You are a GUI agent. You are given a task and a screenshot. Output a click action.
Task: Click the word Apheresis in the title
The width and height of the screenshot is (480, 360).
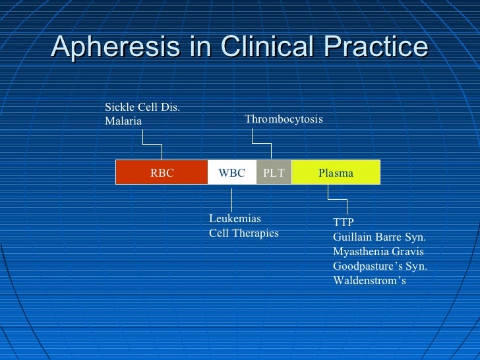(x=106, y=47)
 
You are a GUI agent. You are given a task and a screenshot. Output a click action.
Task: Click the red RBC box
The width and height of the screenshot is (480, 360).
(x=162, y=173)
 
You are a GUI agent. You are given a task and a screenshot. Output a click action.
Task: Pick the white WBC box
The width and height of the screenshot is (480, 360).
(x=231, y=173)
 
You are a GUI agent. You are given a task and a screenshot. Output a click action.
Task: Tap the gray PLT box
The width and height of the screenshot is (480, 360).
(x=274, y=173)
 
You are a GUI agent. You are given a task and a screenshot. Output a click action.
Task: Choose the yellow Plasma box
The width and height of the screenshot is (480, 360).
(x=336, y=173)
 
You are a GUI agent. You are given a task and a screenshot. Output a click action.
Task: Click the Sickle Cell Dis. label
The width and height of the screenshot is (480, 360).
(x=142, y=107)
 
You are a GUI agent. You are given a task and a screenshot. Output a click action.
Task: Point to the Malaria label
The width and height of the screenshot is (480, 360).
(x=123, y=121)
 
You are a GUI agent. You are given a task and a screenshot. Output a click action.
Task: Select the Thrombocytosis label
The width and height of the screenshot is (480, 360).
(x=284, y=119)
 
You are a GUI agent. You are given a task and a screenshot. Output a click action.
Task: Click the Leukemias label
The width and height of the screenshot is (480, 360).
(x=235, y=219)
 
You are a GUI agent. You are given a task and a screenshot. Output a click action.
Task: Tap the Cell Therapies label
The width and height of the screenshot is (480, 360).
(x=244, y=233)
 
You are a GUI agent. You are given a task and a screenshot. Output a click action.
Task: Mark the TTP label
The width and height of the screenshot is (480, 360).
(x=344, y=222)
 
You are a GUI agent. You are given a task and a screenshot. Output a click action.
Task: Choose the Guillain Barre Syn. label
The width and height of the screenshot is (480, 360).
(x=380, y=237)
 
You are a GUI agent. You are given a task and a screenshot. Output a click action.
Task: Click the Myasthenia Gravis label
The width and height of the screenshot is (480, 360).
(x=378, y=252)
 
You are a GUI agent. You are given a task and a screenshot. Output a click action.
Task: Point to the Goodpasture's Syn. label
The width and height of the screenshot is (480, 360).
(x=380, y=266)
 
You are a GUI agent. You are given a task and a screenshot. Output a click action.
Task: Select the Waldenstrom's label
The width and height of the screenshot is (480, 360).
(x=370, y=281)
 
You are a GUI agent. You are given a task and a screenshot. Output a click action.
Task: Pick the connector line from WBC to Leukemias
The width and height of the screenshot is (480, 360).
(x=231, y=198)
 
